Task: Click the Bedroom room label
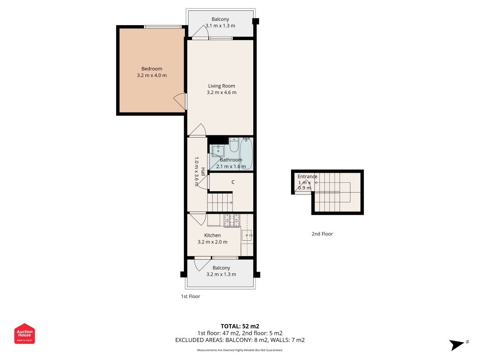coord(152,69)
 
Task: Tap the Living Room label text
coord(222,86)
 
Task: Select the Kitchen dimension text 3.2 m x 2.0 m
coord(212,242)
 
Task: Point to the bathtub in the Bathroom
coord(246,153)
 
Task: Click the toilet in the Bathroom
coord(234,145)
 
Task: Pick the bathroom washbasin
coord(218,151)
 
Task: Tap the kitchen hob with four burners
coord(232,220)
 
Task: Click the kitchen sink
coord(247,235)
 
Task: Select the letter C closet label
coord(233,182)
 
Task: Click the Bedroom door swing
coord(179,100)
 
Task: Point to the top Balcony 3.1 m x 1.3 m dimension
coord(220,26)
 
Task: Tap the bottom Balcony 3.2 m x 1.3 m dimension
coord(221,274)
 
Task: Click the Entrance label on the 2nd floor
coord(307,176)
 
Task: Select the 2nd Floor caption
coord(322,234)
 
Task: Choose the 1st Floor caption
coord(190,297)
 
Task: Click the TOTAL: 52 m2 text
coord(240,326)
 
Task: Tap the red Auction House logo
coord(24,333)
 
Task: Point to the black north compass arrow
coord(457,345)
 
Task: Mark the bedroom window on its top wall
coord(162,27)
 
